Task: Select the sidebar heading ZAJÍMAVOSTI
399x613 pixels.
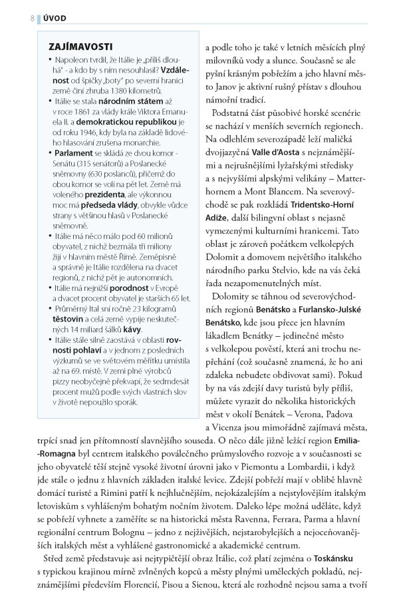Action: coord(80,47)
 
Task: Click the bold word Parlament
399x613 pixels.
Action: coord(74,153)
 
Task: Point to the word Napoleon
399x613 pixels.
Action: coord(74,59)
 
